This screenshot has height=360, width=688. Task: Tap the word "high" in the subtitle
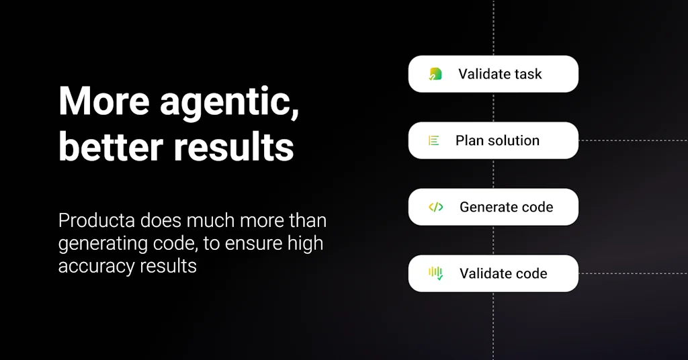306,243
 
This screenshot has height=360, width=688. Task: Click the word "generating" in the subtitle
103,244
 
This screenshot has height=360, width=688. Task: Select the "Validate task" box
493,74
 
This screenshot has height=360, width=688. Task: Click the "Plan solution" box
493,140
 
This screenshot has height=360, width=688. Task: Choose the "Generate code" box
493,207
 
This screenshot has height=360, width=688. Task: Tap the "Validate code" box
493,273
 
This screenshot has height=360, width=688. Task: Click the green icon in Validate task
435,74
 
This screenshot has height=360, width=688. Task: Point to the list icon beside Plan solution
433,140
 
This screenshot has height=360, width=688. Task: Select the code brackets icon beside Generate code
435,207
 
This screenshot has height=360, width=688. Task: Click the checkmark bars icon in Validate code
435,273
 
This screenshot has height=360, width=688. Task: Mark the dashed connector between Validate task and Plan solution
493,107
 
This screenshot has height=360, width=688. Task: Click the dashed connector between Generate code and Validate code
493,240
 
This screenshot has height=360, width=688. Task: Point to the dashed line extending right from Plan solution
633,140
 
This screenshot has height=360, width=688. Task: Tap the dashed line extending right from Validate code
633,273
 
